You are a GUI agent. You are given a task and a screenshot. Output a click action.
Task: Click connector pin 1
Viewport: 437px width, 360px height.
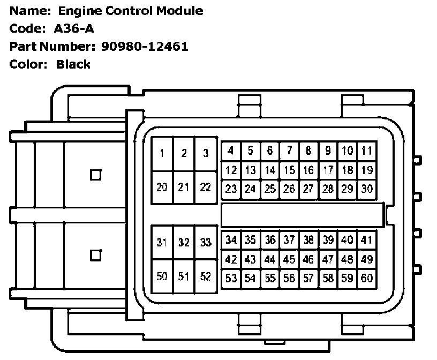[162, 154]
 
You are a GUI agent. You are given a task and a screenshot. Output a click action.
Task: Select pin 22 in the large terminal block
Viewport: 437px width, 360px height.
[205, 187]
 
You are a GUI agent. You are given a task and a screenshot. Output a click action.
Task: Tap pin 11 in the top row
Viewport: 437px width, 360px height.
[366, 151]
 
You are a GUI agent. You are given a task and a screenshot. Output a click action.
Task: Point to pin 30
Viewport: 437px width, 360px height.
[366, 189]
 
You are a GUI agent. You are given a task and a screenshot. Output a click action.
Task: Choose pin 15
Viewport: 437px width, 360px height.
[289, 170]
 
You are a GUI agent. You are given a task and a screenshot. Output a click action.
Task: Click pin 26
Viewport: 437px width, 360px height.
[289, 189]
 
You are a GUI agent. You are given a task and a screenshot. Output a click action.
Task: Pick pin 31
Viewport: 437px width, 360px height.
[162, 243]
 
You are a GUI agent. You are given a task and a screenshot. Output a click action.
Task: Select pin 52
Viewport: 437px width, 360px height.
[205, 276]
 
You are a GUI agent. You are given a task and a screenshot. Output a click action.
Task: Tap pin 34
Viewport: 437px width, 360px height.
[231, 239]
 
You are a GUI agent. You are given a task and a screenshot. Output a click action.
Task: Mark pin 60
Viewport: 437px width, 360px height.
[366, 278]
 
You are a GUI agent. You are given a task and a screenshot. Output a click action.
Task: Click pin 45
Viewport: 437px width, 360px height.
[289, 259]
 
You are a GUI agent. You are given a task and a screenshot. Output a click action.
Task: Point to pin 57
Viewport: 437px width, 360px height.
[308, 278]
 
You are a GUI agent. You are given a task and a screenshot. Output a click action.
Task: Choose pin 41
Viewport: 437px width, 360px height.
[366, 239]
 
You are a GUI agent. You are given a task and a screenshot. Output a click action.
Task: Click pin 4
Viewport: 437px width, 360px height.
[231, 151]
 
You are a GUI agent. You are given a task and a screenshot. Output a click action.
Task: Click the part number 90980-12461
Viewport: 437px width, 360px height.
[145, 46]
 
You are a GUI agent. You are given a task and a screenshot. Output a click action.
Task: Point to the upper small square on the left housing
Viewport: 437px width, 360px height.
[96, 175]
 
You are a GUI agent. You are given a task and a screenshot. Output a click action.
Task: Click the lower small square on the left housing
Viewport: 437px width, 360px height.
[96, 255]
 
